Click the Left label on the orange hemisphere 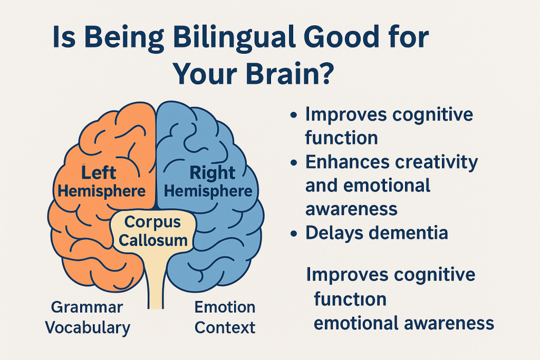99,172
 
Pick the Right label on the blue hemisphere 213,173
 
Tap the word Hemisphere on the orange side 102,191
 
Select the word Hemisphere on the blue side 208,191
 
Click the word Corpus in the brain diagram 152,222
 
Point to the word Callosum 153,240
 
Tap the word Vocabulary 88,328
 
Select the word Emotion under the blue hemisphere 225,307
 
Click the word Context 225,327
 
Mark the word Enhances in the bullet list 347,162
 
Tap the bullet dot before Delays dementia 294,234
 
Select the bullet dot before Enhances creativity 294,162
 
